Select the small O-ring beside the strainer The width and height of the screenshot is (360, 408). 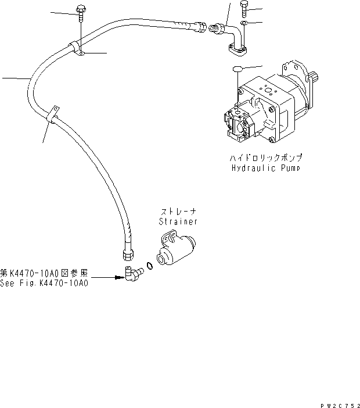[x=149, y=266]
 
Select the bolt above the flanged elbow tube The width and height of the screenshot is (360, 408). [x=244, y=8]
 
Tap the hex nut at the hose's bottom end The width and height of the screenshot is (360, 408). [x=127, y=252]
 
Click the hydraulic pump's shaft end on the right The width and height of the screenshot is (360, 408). [x=314, y=77]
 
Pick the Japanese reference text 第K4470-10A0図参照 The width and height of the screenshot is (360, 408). [x=44, y=273]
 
